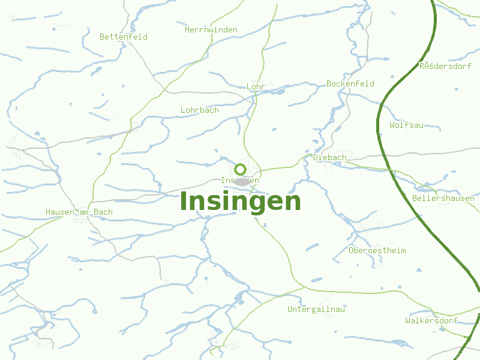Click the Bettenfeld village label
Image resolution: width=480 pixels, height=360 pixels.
(124, 37)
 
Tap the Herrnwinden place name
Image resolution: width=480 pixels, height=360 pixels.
(211, 29)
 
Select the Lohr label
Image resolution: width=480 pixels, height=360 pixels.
(256, 87)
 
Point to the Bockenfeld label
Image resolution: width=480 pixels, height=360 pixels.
(350, 83)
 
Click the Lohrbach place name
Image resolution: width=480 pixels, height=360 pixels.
(200, 110)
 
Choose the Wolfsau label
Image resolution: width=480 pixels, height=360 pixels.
(406, 125)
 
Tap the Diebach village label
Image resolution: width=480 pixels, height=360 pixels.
(330, 157)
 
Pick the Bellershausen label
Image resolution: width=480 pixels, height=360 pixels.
(443, 198)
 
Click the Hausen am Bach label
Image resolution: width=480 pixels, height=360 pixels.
(79, 212)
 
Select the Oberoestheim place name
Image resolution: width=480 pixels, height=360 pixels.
(377, 250)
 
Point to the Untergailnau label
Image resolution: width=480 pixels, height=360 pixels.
(316, 310)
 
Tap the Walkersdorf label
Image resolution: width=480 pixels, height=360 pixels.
(431, 321)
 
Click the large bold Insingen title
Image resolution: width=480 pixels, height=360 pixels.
(240, 201)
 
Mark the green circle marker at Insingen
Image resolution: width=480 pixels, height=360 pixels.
(240, 169)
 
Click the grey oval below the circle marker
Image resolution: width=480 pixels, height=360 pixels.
(241, 181)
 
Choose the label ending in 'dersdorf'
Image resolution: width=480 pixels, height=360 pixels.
(445, 66)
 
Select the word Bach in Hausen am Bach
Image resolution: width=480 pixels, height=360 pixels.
(103, 212)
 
